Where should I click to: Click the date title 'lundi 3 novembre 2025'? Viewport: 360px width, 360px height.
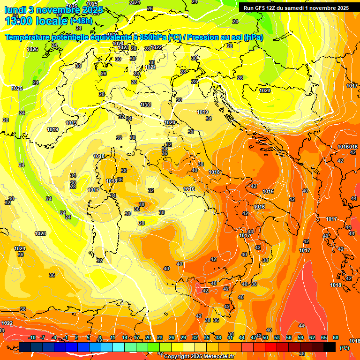pos(53,10)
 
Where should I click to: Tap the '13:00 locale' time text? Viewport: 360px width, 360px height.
pos(37,21)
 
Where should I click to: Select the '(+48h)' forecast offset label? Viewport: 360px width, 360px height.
pos(81,21)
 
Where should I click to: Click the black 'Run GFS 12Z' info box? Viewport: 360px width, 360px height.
pos(296,7)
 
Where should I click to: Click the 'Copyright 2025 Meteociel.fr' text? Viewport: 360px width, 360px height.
pos(199,356)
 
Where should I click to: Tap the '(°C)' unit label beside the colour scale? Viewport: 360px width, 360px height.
pos(344,348)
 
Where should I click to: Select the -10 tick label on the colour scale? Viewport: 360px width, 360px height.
pos(32,338)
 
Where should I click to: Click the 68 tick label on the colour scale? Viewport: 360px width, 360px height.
pos(336,338)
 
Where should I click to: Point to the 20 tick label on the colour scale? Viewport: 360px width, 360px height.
pos(148,338)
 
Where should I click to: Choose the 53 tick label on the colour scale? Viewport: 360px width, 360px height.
pos(277,338)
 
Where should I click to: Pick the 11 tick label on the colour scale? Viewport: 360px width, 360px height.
pos(113,338)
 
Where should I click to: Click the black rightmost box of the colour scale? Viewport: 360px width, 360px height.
pos(330,347)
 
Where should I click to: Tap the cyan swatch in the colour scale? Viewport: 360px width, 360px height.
pos(119,347)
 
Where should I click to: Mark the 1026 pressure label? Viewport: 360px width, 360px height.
pos(32,49)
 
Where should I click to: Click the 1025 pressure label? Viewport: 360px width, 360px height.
pos(17,88)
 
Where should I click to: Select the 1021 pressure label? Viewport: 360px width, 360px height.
pos(150,67)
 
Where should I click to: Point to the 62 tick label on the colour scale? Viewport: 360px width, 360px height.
pos(312,338)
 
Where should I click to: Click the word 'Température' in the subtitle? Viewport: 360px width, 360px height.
pos(30,37)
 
